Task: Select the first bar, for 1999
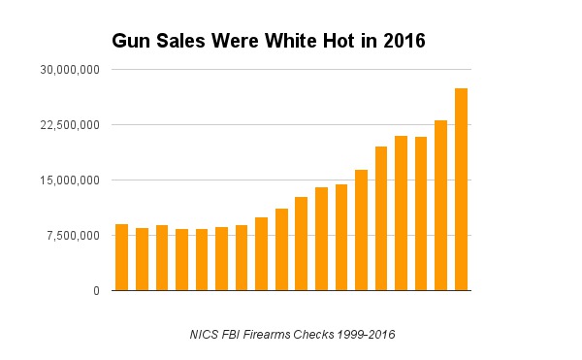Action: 121,257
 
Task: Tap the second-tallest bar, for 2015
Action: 441,205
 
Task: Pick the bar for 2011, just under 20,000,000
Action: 381,218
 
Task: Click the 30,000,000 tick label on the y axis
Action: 67,70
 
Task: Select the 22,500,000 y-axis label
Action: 67,125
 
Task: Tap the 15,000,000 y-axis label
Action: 67,180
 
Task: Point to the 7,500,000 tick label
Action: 70,236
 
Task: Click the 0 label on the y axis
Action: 95,291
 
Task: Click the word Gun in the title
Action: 128,42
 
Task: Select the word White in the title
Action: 269,42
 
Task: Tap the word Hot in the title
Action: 319,42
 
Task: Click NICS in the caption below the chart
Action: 205,335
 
